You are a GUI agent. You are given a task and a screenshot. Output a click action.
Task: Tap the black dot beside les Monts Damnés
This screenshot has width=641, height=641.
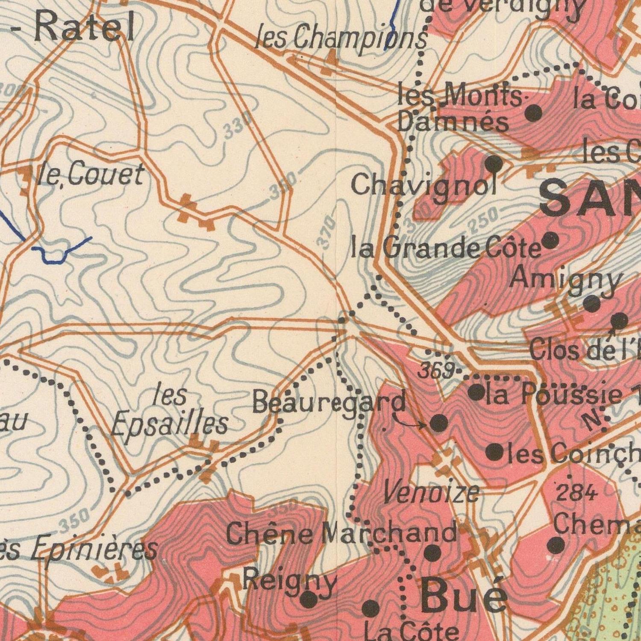[534, 113]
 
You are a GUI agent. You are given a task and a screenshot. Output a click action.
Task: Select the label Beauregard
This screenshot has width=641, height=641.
[329, 402]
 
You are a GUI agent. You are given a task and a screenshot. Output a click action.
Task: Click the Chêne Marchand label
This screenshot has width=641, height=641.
[341, 534]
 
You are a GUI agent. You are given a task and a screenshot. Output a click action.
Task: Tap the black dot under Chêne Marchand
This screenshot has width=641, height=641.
[432, 553]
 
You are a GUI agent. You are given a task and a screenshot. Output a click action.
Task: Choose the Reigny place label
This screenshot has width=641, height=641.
[290, 581]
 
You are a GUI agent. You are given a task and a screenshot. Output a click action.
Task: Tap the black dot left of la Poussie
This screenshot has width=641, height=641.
[476, 392]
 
